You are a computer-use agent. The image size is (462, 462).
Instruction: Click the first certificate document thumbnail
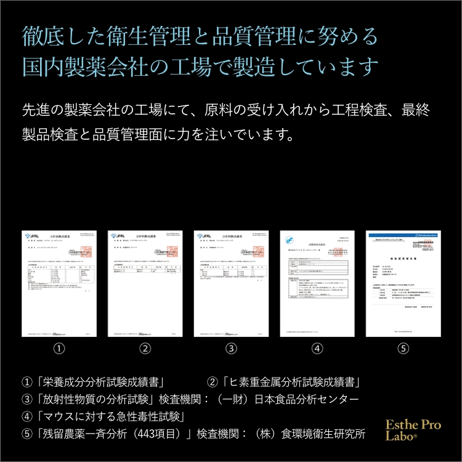point(59,283)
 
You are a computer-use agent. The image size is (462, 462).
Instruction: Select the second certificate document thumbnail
point(145,283)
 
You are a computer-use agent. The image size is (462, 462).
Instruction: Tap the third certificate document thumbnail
point(231,283)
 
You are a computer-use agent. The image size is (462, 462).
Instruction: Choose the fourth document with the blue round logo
point(317,283)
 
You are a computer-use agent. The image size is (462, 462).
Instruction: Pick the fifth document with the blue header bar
point(403,283)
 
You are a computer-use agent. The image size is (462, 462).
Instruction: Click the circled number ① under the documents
point(59,349)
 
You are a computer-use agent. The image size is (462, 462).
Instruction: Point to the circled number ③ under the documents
point(231,349)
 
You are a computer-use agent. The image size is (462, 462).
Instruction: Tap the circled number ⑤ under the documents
point(403,349)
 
